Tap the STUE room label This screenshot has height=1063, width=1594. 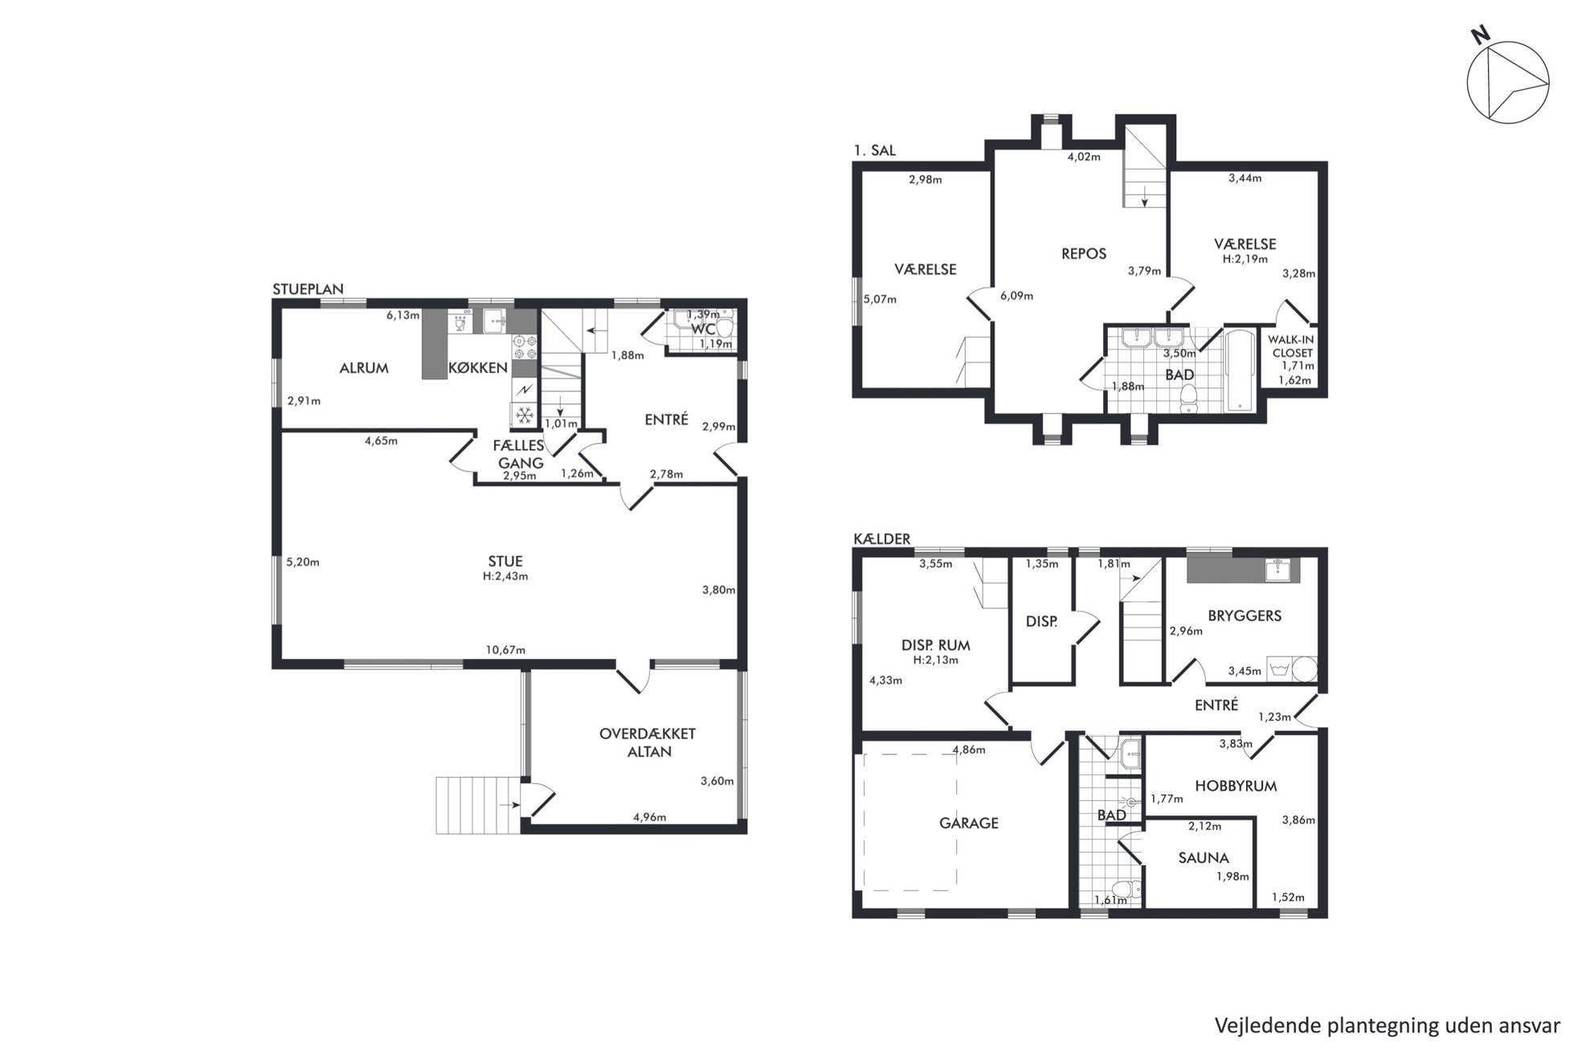click(505, 562)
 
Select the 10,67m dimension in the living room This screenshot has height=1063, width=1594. click(505, 650)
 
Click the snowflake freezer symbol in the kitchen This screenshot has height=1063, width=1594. click(525, 415)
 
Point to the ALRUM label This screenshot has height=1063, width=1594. click(364, 368)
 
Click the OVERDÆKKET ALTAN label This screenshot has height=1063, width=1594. click(648, 742)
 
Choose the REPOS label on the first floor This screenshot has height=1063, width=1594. click(1084, 254)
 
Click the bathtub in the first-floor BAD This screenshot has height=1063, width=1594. click(1240, 370)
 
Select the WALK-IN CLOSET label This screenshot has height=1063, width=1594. click(1291, 346)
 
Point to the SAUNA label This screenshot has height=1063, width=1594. click(1204, 858)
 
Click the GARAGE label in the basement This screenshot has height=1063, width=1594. click(969, 823)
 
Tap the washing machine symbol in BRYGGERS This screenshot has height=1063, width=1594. click(1278, 668)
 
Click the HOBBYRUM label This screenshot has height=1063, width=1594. click(1236, 786)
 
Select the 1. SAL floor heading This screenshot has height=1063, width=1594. click(875, 150)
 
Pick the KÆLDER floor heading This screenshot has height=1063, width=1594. click(882, 539)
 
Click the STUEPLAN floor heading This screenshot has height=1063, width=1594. click(308, 289)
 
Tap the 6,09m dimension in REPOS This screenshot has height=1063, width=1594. click(1016, 296)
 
